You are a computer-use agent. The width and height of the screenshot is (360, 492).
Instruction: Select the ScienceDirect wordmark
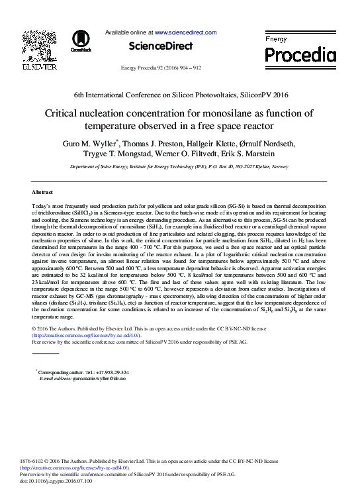(x=161, y=46)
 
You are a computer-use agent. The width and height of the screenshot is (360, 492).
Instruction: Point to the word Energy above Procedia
(x=276, y=40)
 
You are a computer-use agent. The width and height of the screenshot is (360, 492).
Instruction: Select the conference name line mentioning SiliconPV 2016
(x=180, y=95)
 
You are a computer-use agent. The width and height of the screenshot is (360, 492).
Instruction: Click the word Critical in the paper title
(x=63, y=113)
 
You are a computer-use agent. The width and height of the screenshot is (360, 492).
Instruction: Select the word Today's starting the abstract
(x=43, y=208)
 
